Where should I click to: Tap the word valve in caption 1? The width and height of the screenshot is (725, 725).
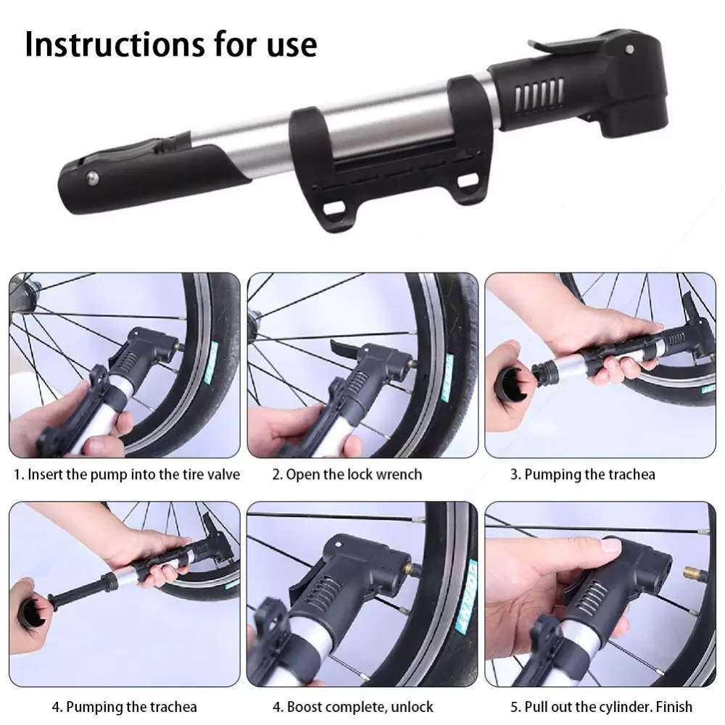221,475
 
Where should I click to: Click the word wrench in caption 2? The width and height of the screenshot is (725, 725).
397,475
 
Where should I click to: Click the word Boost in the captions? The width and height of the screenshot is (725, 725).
304,706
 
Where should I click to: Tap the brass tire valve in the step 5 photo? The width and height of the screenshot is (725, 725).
695,576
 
